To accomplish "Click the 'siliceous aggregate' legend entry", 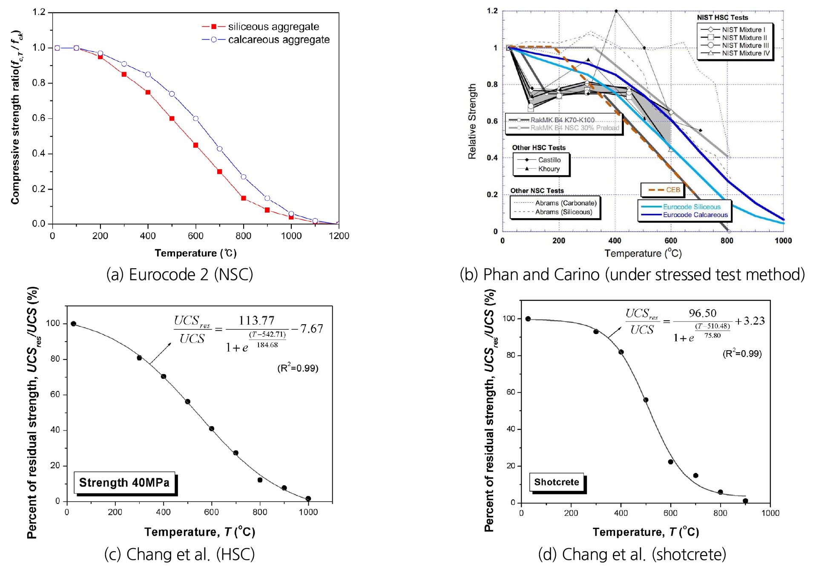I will coord(273,27).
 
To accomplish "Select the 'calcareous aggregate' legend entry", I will coord(279,40).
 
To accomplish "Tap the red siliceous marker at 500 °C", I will coord(172,118).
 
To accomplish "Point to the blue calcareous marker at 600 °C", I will coord(196,118).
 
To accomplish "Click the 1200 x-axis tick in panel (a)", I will coord(339,236).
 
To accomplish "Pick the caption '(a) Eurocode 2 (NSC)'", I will coord(179,275).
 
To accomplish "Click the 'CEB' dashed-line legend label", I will coord(673,190).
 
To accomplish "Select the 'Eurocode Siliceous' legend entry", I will coord(692,207).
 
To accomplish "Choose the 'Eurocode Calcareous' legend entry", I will coord(695,215).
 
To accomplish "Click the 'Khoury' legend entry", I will coord(549,169).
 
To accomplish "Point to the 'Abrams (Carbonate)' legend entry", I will coord(566,203).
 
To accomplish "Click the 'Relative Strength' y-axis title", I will coord(472,121).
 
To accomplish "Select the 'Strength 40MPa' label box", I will coord(124,483).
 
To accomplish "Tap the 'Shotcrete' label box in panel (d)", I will coord(557,482).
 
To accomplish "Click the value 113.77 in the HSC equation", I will coord(256,320).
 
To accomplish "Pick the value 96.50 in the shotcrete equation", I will coord(703,313).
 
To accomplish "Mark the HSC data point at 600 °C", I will coord(212,429).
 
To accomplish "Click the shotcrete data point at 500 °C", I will coord(646,400).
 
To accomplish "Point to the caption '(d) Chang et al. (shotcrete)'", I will coord(632,554).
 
